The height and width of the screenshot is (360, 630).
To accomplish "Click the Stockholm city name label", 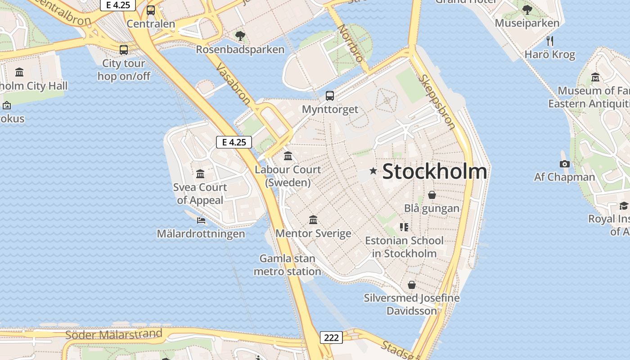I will click(434, 171).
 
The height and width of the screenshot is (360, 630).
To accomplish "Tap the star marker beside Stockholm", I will click(373, 171).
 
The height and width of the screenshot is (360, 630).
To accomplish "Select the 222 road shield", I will click(331, 337).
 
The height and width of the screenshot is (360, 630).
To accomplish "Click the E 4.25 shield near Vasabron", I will click(234, 142).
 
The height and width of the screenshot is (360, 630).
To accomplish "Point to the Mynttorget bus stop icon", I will click(330, 95).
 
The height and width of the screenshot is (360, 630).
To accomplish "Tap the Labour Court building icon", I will click(288, 156).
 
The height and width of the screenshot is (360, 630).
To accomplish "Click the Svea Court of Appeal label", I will click(200, 193).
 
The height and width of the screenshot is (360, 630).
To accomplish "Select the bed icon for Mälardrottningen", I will click(201, 220).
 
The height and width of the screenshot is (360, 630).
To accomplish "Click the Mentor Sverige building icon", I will click(313, 220).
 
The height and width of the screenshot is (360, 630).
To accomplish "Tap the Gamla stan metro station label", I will click(288, 265).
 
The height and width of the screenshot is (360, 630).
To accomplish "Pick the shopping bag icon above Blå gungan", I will click(432, 195).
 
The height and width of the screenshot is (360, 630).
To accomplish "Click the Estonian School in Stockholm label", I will click(404, 247).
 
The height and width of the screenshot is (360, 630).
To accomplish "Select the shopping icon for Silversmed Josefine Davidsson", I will click(411, 285).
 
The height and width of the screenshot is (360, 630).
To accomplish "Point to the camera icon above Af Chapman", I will click(565, 164).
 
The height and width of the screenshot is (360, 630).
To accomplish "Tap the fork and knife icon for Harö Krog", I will click(549, 41).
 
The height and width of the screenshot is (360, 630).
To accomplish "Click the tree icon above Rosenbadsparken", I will click(240, 36).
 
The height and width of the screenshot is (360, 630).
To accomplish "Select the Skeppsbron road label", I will click(436, 102).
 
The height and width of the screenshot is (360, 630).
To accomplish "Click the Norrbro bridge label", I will click(351, 43).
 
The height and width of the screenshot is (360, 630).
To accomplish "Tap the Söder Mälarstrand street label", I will click(113, 334).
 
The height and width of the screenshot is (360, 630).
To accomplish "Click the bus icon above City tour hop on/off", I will click(124, 50).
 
